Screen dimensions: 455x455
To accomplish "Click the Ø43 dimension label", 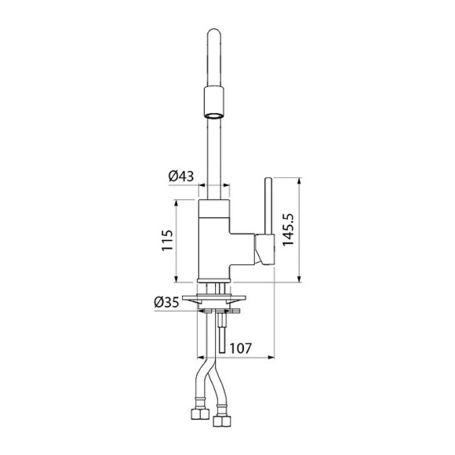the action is [181, 176].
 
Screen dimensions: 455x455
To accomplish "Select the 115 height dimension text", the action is [167, 240].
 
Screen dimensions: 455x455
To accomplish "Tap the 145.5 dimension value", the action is [288, 230].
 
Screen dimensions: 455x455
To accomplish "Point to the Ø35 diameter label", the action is [166, 303].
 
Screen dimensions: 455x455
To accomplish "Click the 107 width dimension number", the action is [241, 348].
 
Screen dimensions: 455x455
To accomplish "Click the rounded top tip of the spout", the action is [214, 31].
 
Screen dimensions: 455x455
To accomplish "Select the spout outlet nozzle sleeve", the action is [214, 102].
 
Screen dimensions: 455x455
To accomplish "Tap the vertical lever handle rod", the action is [268, 206].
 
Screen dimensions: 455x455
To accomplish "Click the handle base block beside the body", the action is [264, 249].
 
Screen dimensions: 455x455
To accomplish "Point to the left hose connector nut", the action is [199, 413].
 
